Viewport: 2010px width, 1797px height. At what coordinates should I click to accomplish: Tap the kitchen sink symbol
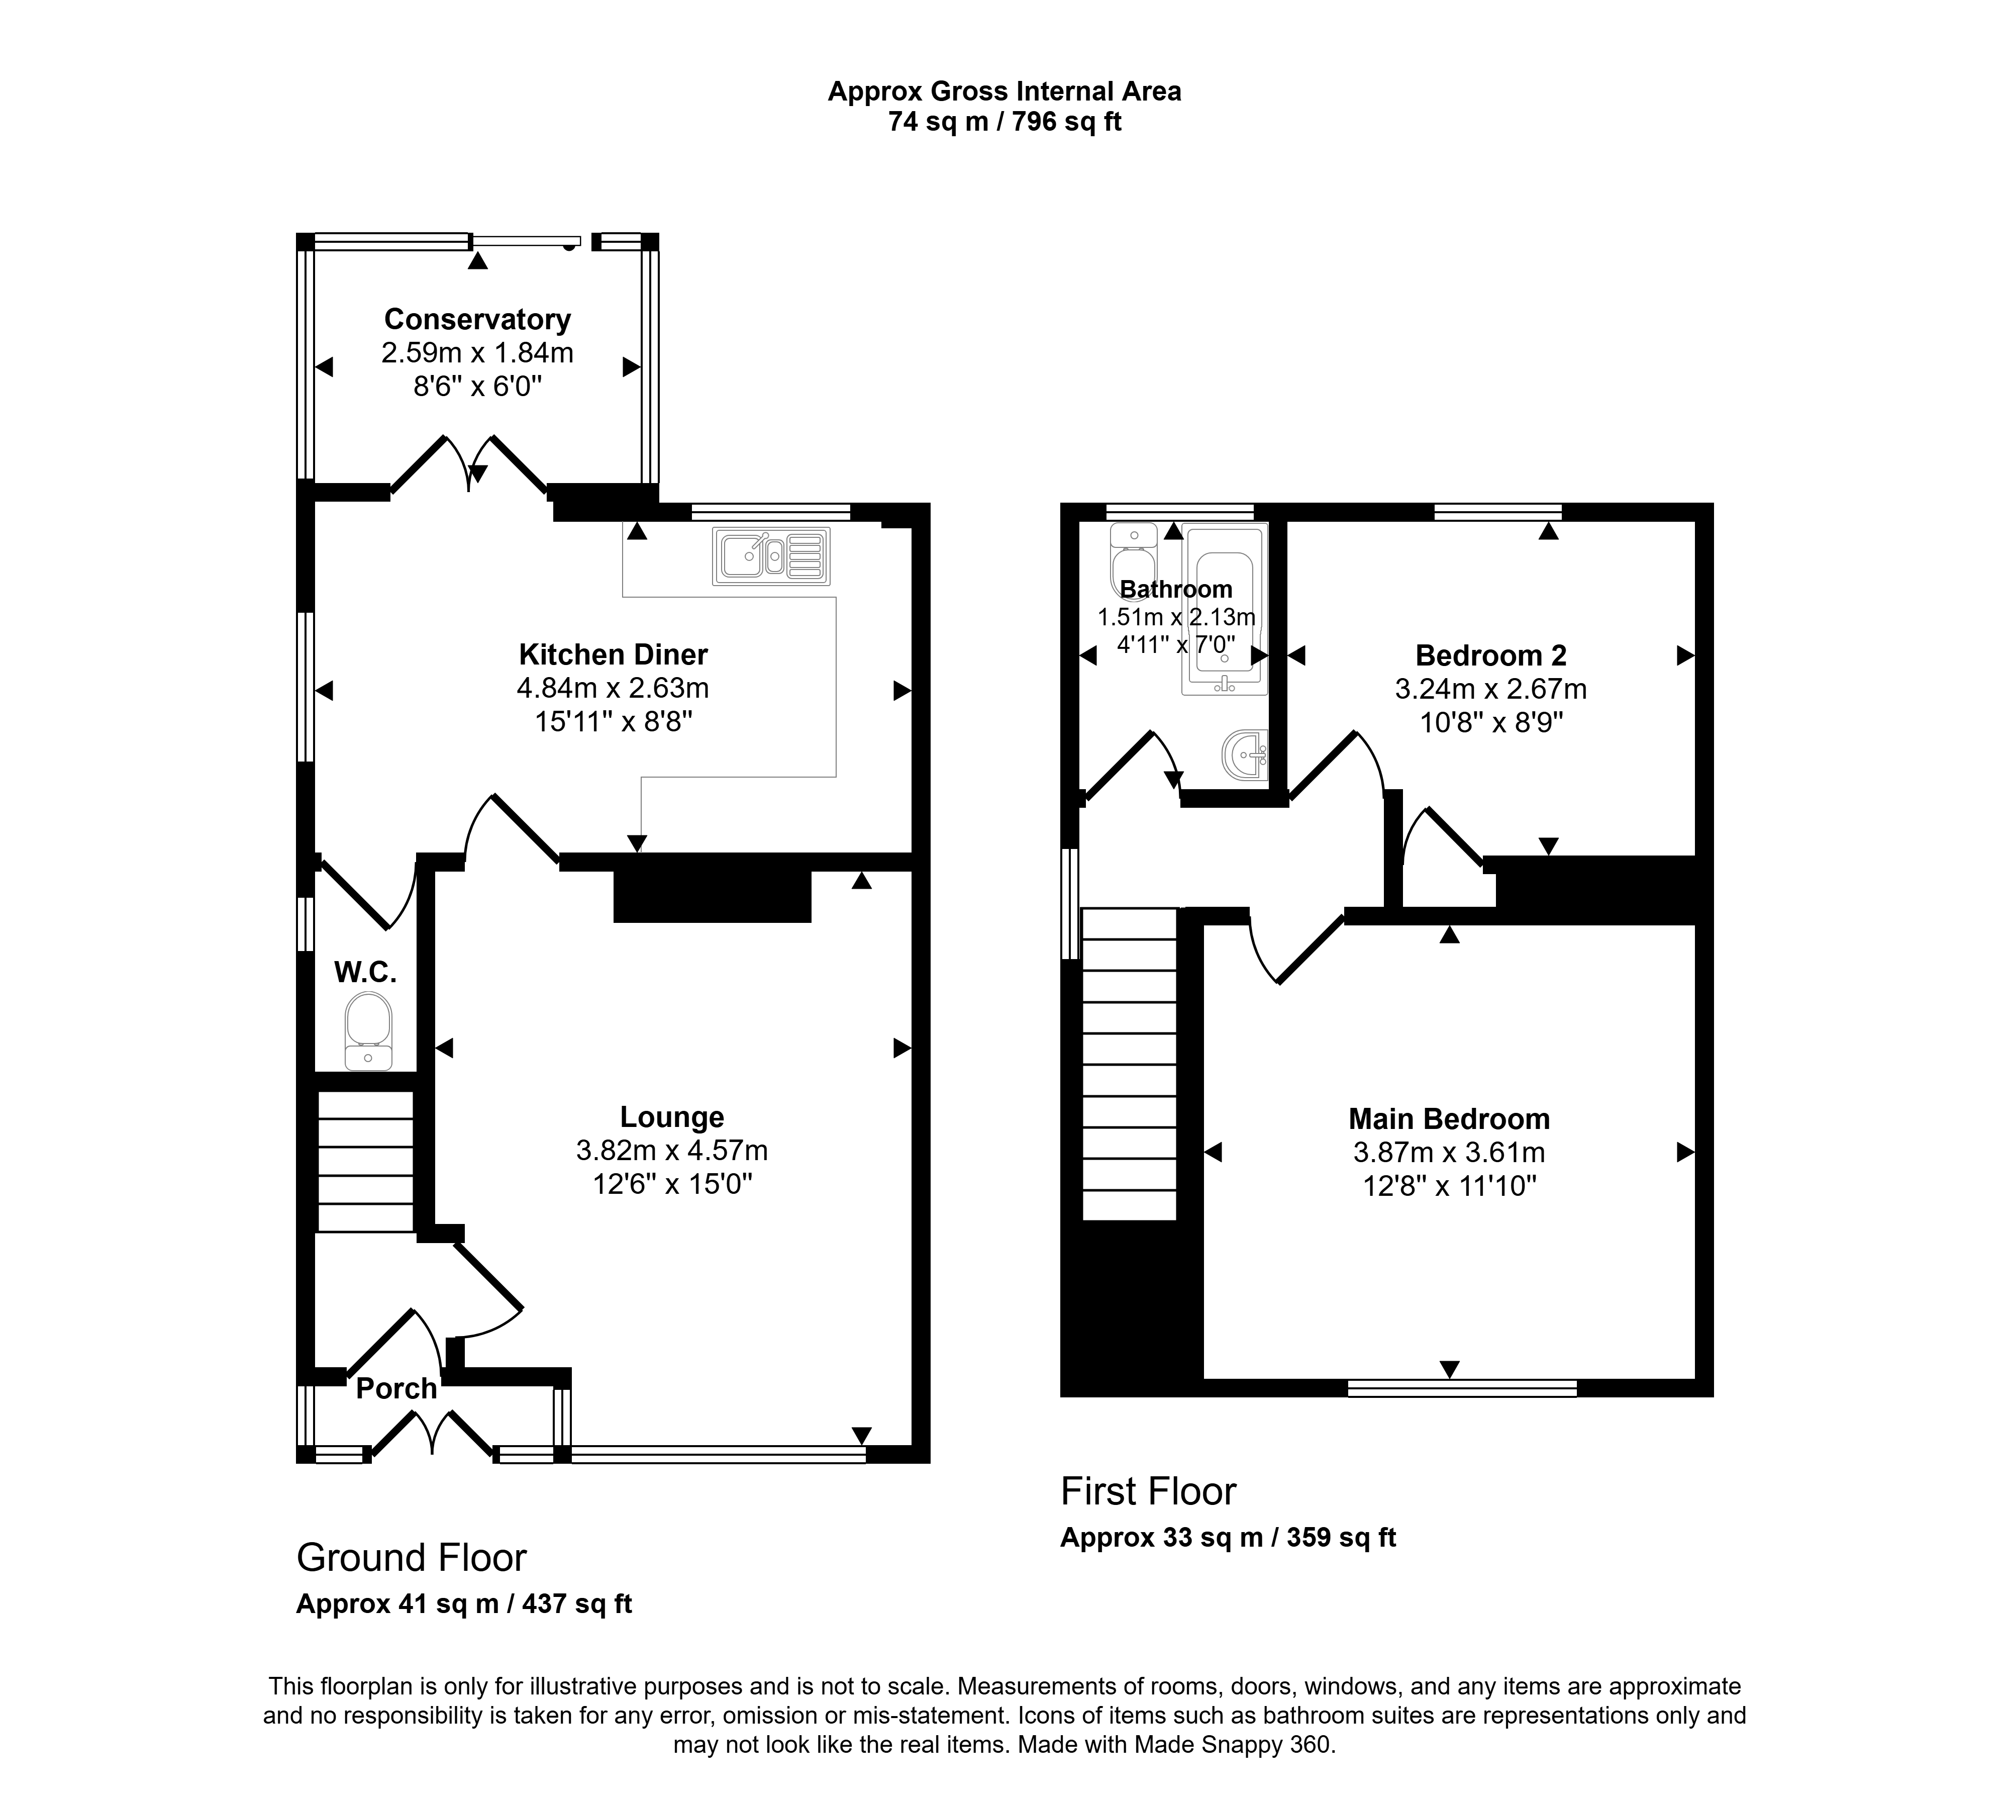pyautogui.click(x=771, y=556)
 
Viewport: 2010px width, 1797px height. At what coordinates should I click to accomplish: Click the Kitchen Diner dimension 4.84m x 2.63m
pyautogui.click(x=613, y=688)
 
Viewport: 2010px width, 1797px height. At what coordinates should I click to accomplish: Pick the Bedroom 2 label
pyautogui.click(x=1491, y=655)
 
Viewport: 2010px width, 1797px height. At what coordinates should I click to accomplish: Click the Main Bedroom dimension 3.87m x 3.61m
pyautogui.click(x=1449, y=1152)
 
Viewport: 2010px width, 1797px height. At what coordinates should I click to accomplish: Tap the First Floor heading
pyautogui.click(x=1148, y=1491)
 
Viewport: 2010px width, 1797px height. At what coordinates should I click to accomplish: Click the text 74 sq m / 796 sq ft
pyautogui.click(x=1005, y=123)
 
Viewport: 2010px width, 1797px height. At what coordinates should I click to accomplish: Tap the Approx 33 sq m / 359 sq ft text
pyautogui.click(x=1228, y=1537)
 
